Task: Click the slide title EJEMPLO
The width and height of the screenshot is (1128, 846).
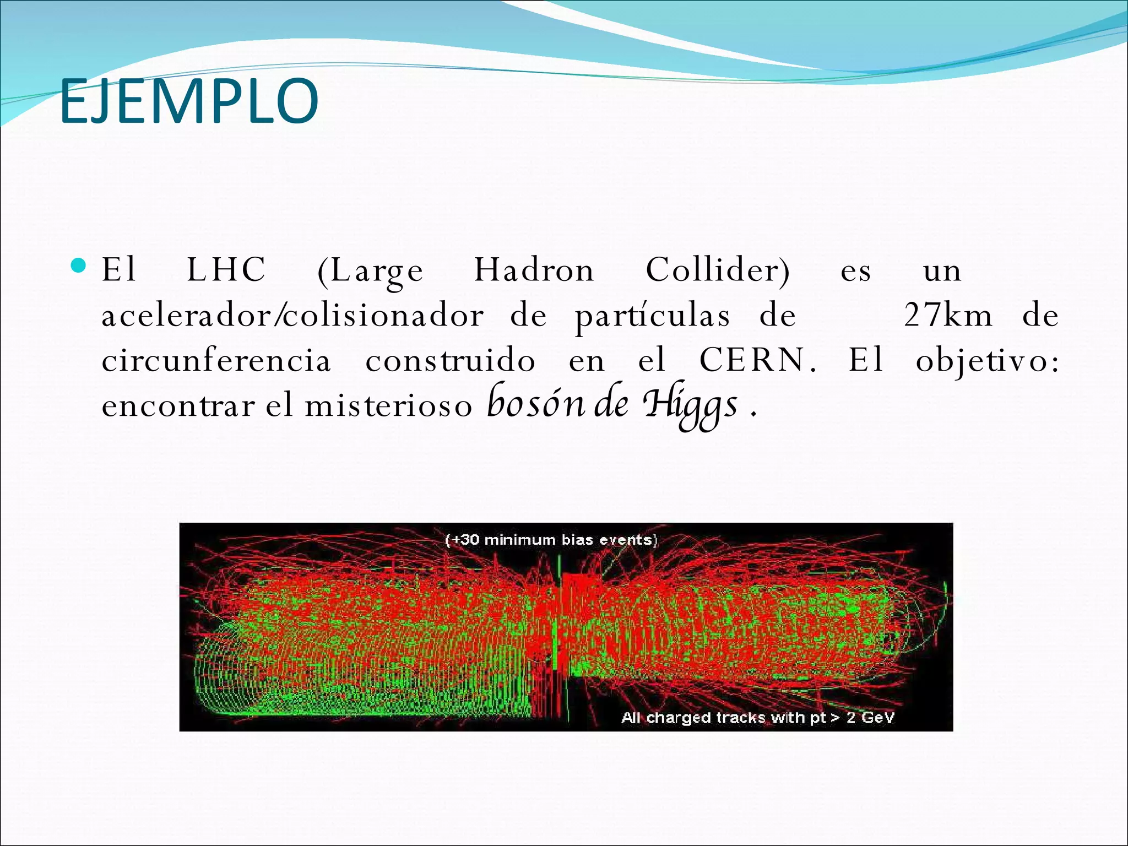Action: click(188, 101)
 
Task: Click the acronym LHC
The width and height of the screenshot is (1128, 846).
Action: click(226, 270)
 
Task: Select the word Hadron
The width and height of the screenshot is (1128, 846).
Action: click(534, 270)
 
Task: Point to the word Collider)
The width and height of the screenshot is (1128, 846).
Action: click(718, 270)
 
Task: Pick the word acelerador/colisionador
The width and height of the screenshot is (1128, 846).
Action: click(292, 316)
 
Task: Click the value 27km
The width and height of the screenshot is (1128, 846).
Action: click(948, 316)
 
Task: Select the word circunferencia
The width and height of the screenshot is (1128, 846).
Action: click(216, 361)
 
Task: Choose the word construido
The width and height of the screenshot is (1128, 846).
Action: click(450, 361)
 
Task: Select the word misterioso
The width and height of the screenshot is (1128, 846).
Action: click(388, 406)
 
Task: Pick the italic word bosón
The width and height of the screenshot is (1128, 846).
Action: click(528, 404)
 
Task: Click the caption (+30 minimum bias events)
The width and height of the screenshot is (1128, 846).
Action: click(551, 540)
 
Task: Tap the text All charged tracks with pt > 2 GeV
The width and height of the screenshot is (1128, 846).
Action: click(758, 718)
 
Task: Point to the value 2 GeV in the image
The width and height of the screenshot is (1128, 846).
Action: click(870, 718)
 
